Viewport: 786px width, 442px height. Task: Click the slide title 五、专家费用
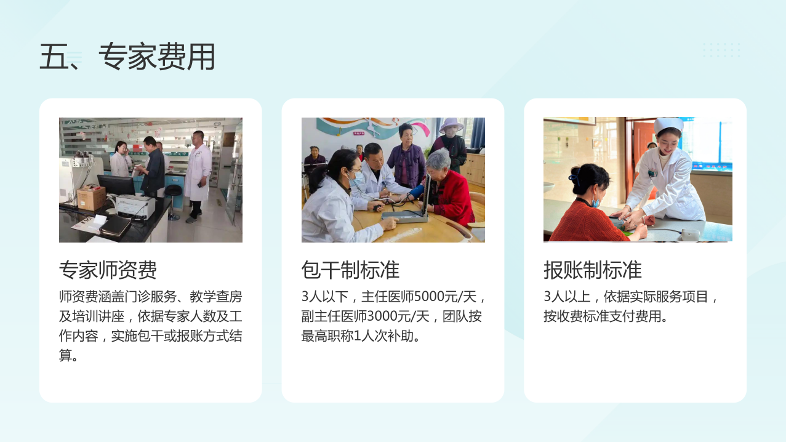(127, 57)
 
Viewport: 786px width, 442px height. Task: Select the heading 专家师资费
(108, 270)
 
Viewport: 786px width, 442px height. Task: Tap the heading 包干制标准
(350, 270)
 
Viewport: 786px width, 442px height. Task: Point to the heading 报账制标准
(593, 270)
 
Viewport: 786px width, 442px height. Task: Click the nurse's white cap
(669, 125)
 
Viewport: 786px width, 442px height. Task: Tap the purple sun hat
(451, 124)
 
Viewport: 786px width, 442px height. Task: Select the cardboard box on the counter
(91, 198)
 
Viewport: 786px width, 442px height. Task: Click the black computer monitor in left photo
(116, 185)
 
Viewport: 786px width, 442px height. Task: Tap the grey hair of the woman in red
(438, 160)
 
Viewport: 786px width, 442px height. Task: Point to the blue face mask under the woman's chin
(595, 200)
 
